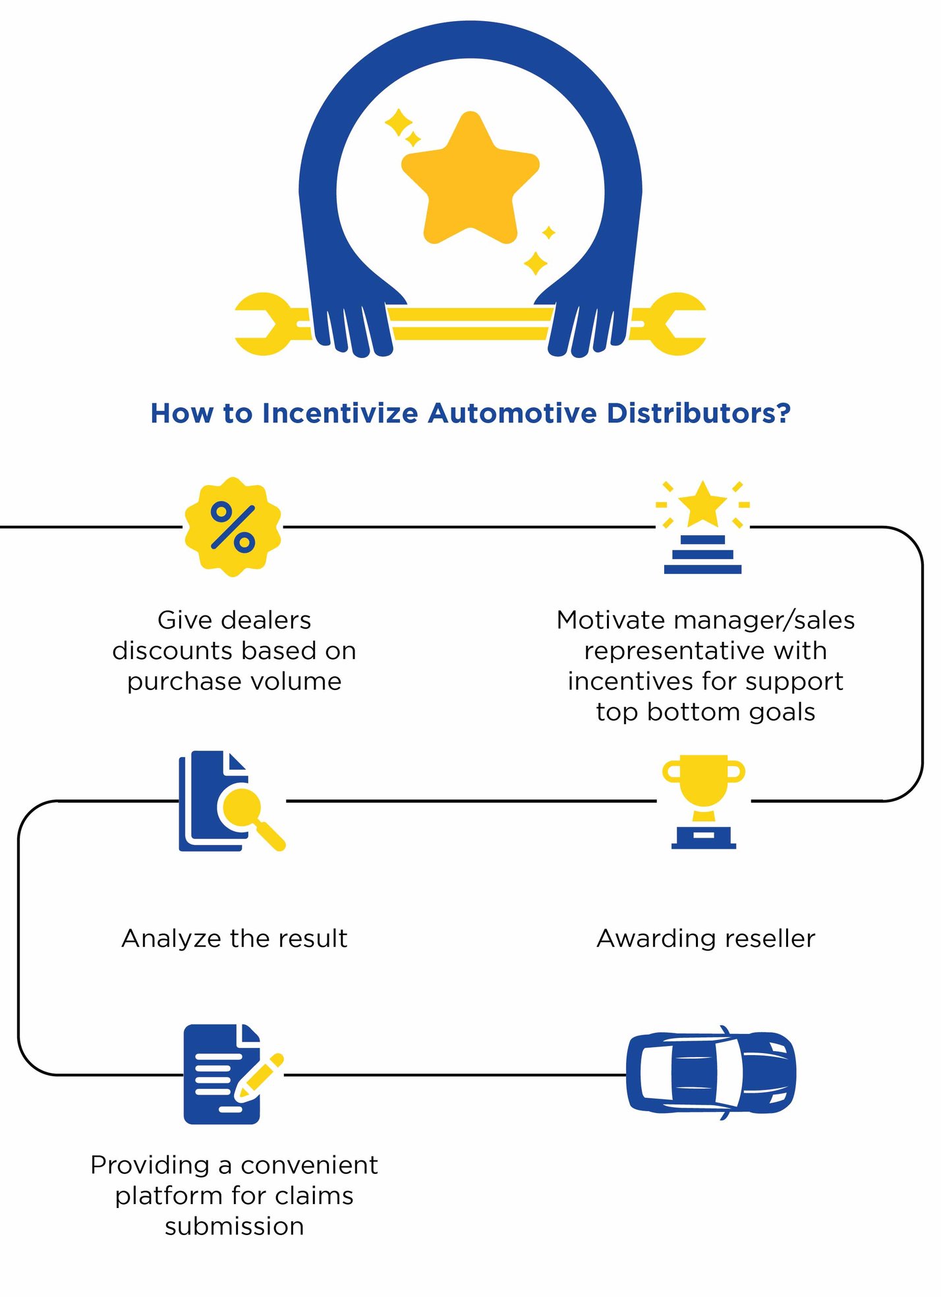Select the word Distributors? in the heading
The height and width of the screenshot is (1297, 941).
coord(698,413)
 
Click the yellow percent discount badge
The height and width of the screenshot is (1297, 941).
coord(233,527)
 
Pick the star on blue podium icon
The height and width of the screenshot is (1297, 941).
coord(702,527)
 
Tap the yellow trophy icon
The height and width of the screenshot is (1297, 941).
coord(703,800)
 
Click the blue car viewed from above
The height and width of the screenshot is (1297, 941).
coord(710,1073)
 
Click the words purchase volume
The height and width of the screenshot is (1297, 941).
coord(234,681)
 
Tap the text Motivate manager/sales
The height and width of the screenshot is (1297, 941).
coord(705,620)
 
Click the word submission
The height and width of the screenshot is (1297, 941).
coord(234,1226)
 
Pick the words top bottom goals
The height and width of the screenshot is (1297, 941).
coord(705,712)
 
